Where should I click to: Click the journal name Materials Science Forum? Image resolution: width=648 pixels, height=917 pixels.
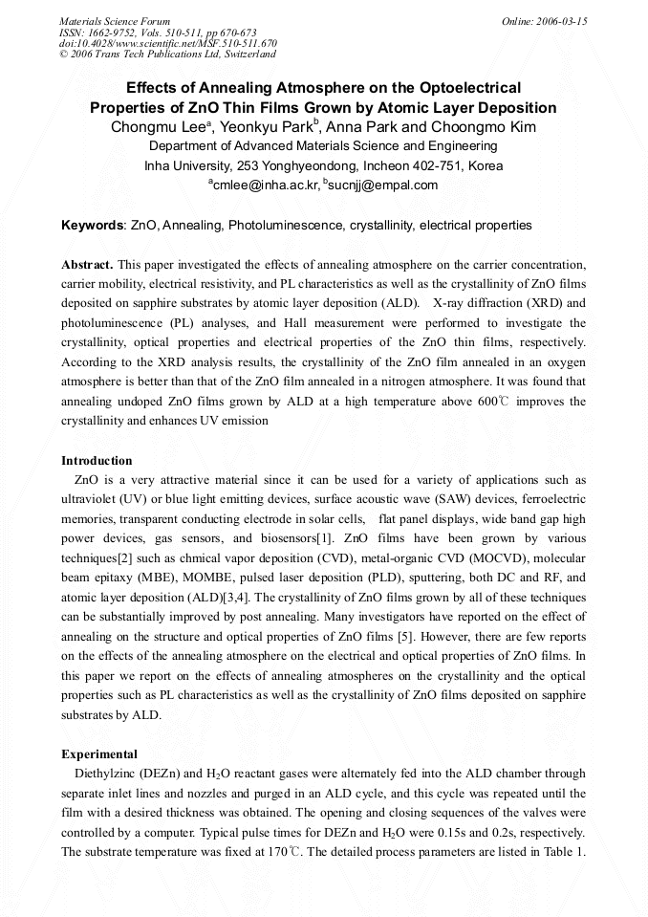(x=115, y=21)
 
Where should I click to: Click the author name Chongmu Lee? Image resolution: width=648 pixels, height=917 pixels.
(x=149, y=127)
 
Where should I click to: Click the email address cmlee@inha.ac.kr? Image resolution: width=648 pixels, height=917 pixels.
(x=264, y=185)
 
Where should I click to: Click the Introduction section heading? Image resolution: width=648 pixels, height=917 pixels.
(x=97, y=461)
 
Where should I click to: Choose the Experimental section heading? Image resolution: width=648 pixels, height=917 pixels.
(x=98, y=753)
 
